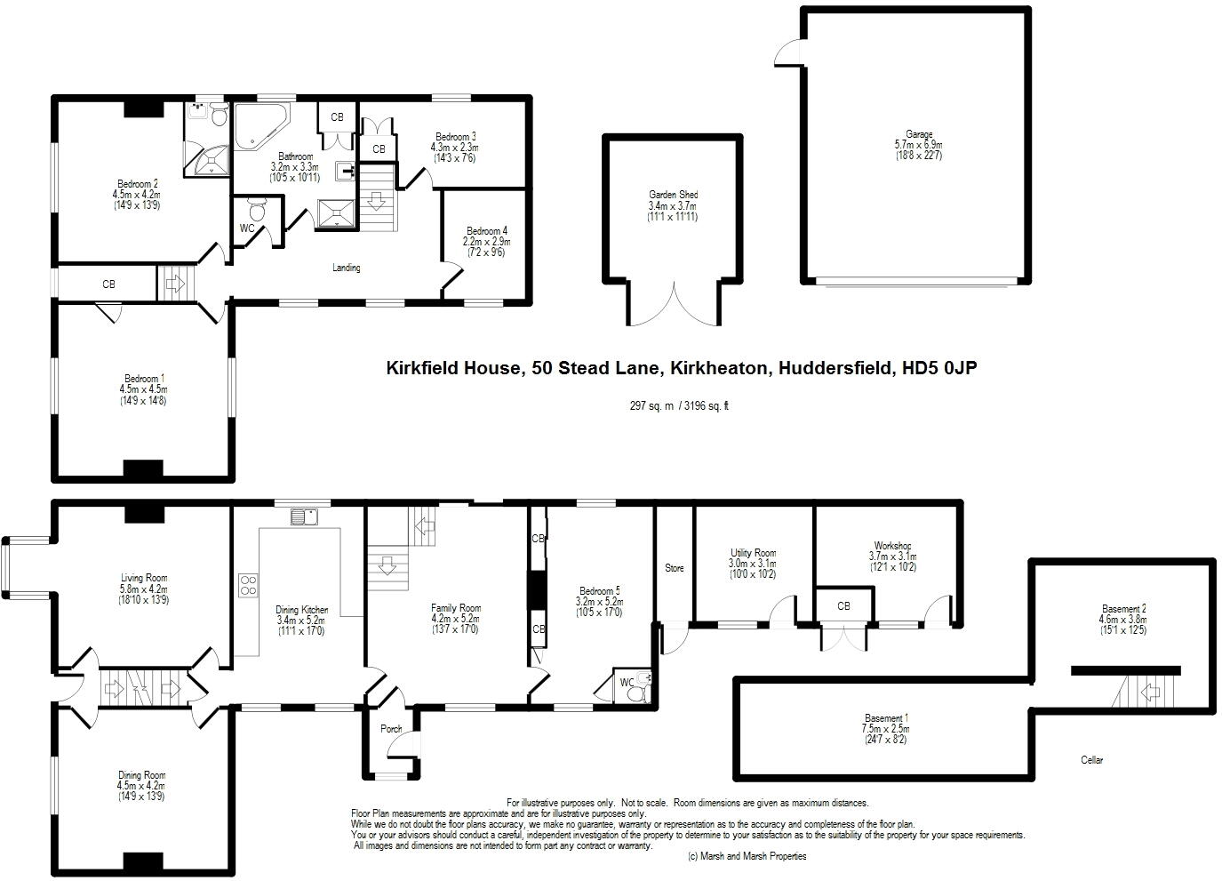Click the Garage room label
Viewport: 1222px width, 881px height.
click(x=919, y=135)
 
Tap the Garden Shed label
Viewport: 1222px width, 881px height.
click(x=673, y=195)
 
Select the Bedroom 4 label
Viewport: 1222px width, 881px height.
click(x=486, y=231)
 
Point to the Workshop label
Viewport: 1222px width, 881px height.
click(x=892, y=546)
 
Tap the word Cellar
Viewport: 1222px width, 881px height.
click(x=1091, y=760)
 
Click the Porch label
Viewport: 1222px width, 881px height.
click(x=391, y=729)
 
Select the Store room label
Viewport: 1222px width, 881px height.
click(x=675, y=568)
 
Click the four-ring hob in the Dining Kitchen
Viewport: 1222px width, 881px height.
click(x=248, y=584)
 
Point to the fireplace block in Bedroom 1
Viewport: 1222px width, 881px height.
click(x=143, y=469)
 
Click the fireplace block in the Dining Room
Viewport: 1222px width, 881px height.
click(x=143, y=862)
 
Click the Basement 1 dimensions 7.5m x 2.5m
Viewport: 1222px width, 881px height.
click(x=885, y=729)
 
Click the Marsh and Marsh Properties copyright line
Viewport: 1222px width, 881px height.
click(x=747, y=857)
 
